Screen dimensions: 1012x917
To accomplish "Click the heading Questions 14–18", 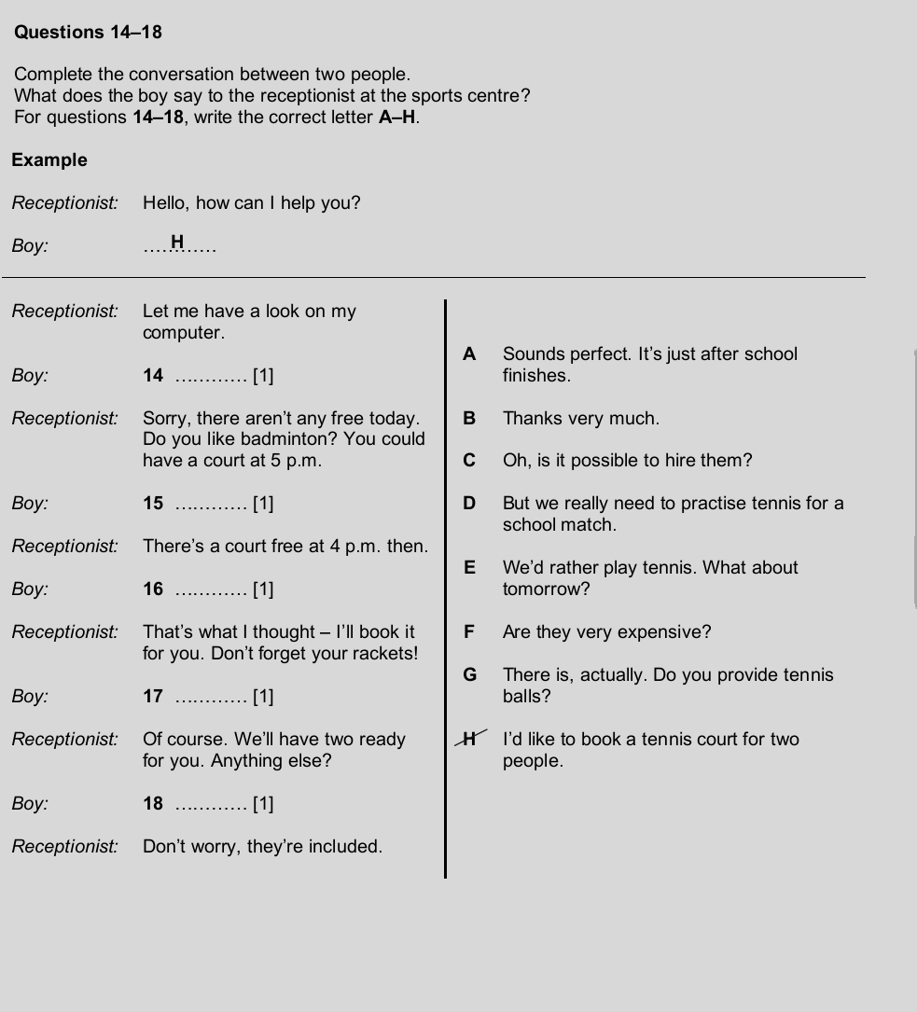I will point(89,33).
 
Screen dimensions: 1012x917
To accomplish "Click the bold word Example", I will point(49,160).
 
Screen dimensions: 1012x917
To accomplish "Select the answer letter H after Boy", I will point(177,243).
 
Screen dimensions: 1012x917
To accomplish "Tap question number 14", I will point(153,376).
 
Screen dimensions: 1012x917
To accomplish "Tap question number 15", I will point(153,504).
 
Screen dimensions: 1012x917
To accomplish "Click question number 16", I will point(153,589).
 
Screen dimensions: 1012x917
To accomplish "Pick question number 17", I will point(153,697).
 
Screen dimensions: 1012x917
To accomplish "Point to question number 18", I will point(153,804).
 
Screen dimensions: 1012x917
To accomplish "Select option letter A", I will point(469,354).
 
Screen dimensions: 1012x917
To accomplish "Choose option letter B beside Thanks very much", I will point(469,419).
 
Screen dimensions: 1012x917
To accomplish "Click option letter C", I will point(469,461).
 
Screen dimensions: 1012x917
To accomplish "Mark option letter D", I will point(469,504).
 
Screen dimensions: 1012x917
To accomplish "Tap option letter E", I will point(469,568).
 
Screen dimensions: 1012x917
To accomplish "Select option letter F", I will point(469,632).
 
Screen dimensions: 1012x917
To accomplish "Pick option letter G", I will point(469,675).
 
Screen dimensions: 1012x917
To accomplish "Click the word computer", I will point(182,333).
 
